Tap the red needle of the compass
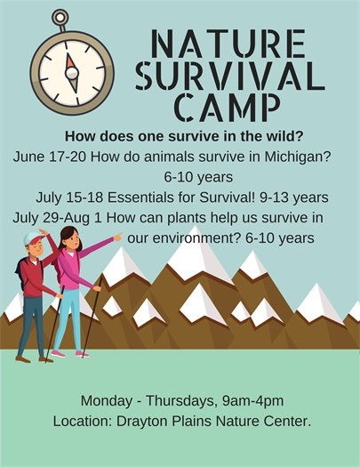69,62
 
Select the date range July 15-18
67,197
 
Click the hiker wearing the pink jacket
73,285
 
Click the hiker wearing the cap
33,294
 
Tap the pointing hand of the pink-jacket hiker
118,238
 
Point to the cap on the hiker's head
33,238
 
